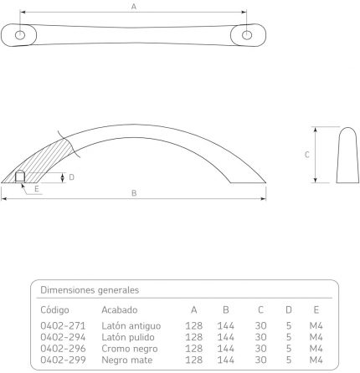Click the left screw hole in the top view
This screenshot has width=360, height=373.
point(20,35)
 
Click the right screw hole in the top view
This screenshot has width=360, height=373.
point(247,35)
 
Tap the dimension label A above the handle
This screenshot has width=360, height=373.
point(134,7)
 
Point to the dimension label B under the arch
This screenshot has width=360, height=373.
point(134,193)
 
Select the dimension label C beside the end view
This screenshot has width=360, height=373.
point(307,155)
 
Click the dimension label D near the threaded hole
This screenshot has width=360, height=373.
point(71,177)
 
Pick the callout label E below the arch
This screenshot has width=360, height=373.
point(37,189)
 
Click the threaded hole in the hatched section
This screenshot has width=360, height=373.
point(20,176)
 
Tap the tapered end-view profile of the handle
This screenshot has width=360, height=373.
point(347,156)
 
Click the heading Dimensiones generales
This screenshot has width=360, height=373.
point(90,290)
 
